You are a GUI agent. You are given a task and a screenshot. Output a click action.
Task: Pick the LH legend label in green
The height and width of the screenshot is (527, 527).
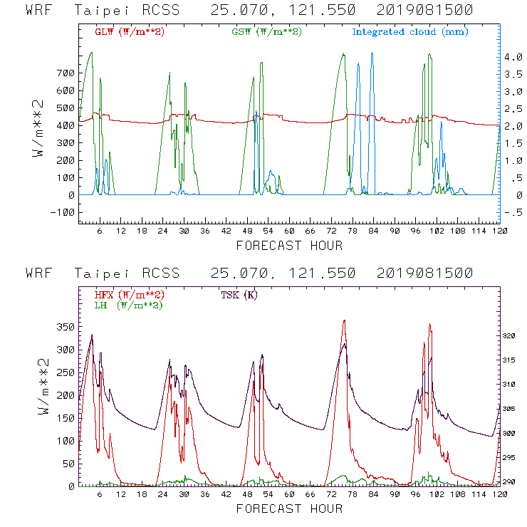point(128,305)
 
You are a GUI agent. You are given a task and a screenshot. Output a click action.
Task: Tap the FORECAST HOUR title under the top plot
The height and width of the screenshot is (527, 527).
point(288,246)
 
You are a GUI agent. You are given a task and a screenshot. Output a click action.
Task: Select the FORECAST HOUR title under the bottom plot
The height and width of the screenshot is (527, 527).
point(288,508)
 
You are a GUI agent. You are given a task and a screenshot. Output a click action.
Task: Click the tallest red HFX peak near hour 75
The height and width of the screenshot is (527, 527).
point(345,320)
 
